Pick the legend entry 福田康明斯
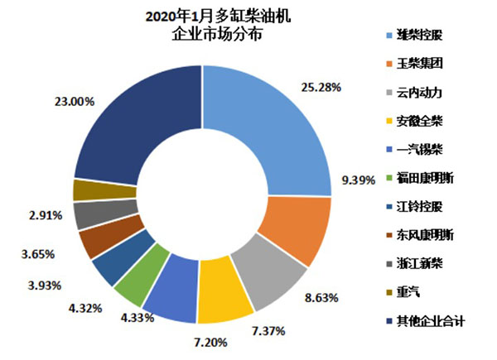[x=421, y=178]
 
